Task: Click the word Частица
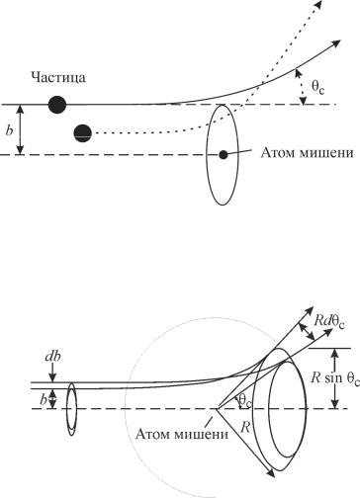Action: click(x=58, y=78)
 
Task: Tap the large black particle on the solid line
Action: click(x=57, y=105)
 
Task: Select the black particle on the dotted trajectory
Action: click(x=82, y=133)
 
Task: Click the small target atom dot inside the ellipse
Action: click(x=224, y=154)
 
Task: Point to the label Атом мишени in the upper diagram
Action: click(x=307, y=153)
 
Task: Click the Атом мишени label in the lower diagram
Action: click(x=182, y=434)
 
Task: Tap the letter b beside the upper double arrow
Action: click(x=10, y=130)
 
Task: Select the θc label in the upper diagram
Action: click(x=317, y=87)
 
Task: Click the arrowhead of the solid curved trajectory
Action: click(x=336, y=42)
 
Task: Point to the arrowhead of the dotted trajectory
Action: click(x=317, y=4)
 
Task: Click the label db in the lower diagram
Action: click(x=52, y=357)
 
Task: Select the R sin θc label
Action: click(x=335, y=378)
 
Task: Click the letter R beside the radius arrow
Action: click(x=245, y=427)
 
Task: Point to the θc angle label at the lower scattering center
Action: click(x=244, y=401)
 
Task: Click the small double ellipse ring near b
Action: click(x=71, y=409)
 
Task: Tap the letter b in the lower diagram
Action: click(x=44, y=399)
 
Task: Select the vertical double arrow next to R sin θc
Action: click(x=335, y=378)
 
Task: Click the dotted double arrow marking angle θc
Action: click(x=301, y=87)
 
